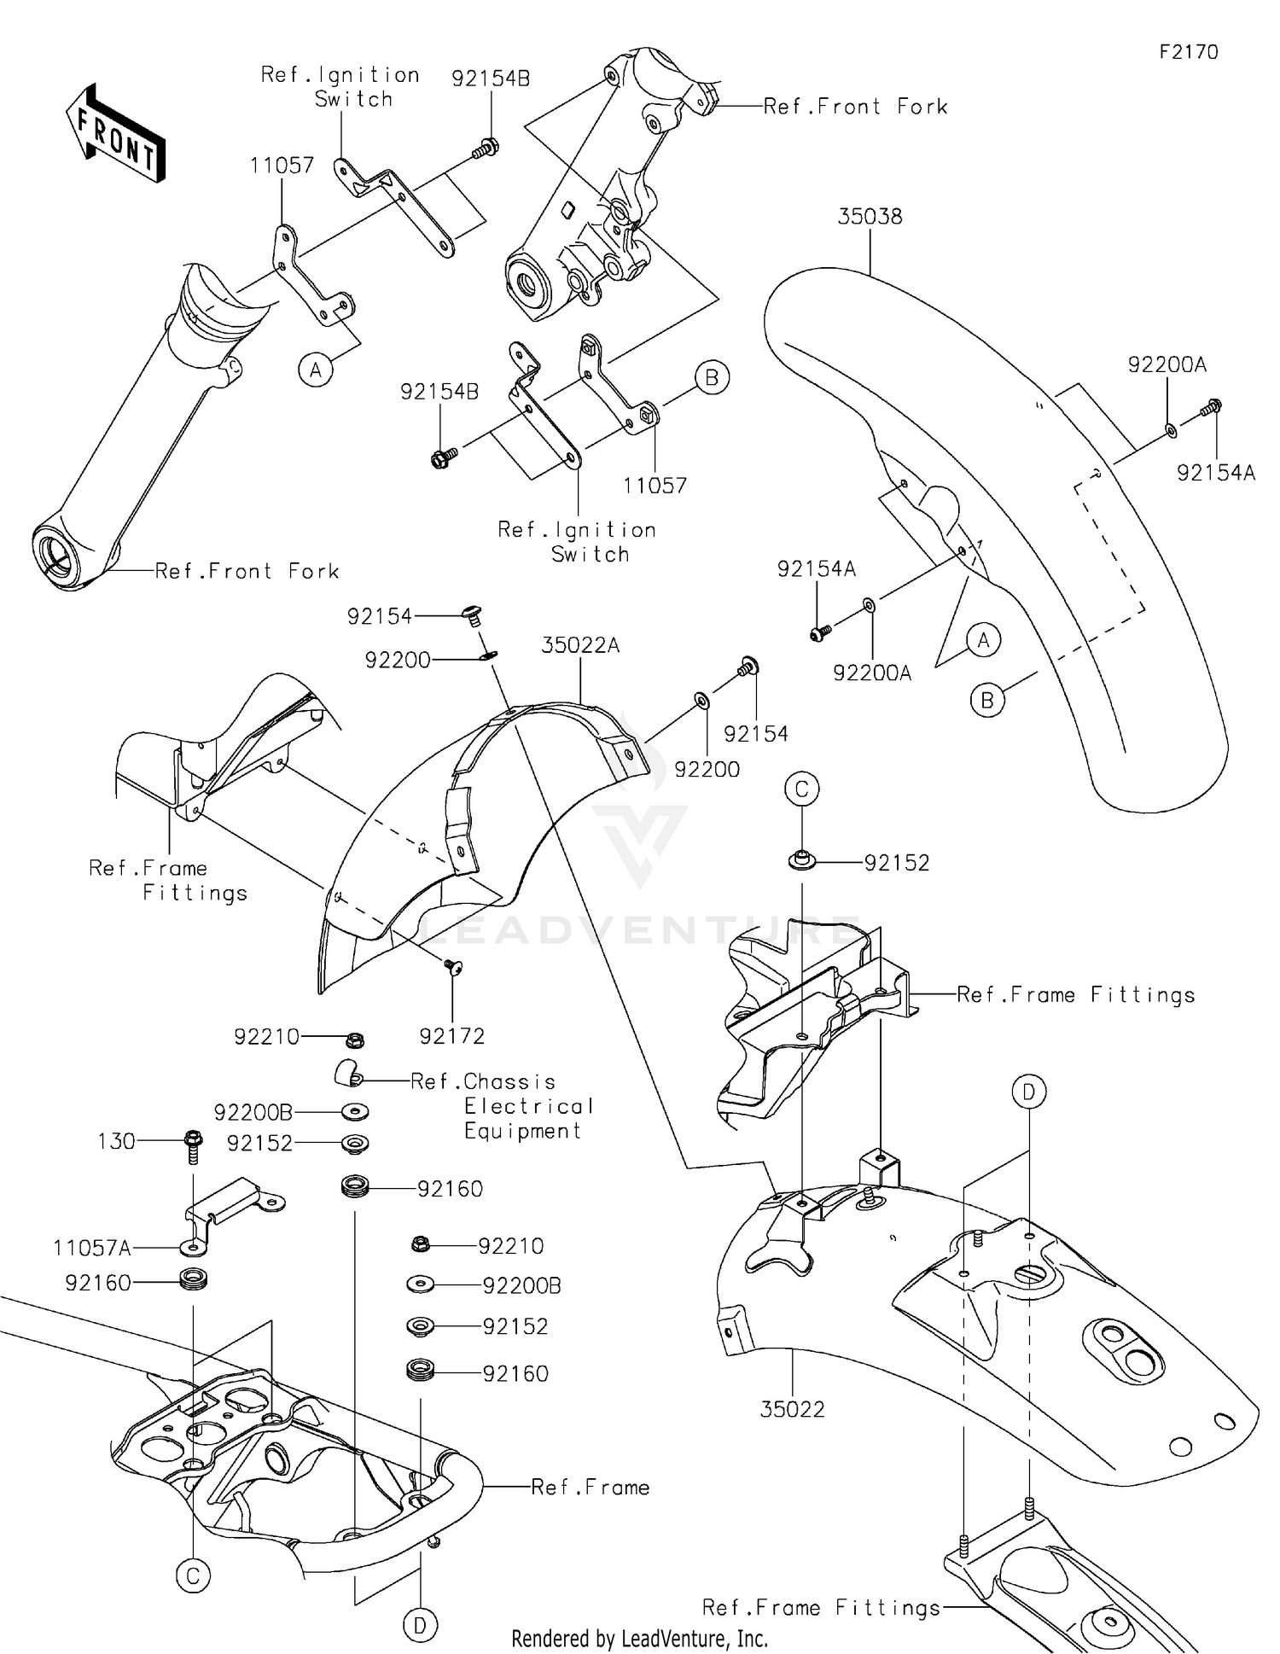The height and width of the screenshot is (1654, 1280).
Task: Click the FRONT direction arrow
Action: [115, 133]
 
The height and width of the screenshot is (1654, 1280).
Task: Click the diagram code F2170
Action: [1188, 52]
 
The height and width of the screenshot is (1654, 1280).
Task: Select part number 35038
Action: [869, 217]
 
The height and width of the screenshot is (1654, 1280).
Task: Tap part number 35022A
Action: [580, 646]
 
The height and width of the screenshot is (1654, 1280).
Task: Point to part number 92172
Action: [451, 1036]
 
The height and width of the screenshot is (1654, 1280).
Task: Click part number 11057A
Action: [92, 1249]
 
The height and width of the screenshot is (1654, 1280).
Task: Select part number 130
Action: [117, 1141]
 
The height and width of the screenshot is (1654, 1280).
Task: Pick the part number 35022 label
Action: [792, 1410]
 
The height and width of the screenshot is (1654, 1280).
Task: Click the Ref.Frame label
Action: [590, 1488]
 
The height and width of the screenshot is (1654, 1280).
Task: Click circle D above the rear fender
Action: [1029, 1092]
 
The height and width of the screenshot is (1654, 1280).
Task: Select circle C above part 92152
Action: [801, 789]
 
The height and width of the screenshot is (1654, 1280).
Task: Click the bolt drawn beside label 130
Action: [194, 1145]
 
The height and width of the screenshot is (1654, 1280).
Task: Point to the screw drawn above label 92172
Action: [452, 967]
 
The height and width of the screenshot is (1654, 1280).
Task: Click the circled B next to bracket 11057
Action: [712, 377]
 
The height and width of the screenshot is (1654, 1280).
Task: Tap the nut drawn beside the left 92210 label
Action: [357, 1040]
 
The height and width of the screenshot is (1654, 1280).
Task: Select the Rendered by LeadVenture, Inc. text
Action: [639, 1638]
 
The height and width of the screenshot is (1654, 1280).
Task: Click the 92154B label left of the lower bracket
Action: [439, 392]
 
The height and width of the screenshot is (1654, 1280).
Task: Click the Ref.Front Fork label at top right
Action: [855, 107]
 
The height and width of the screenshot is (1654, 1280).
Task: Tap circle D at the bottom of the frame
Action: [420, 1627]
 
